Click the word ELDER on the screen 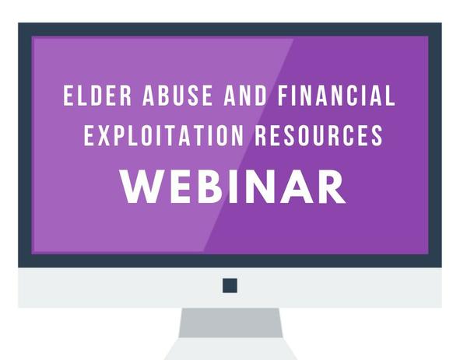tap(97, 95)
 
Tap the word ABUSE tap(177, 95)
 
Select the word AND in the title tap(245, 95)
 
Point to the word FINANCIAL tap(336, 95)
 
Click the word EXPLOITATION tap(163, 135)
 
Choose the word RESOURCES tap(319, 135)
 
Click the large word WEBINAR tap(233, 187)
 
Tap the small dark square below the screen tap(230, 285)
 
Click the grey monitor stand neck tap(230, 323)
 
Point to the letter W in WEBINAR tap(142, 187)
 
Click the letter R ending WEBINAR tap(332, 187)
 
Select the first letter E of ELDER tap(68, 95)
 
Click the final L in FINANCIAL tap(390, 95)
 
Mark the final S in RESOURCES tap(377, 135)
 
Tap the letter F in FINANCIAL tap(283, 95)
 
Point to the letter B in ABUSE tap(163, 95)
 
